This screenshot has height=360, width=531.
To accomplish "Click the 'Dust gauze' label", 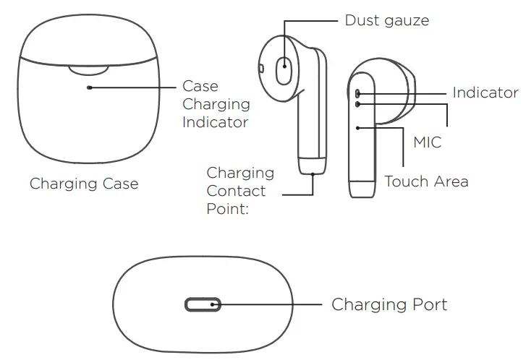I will [x=386, y=20].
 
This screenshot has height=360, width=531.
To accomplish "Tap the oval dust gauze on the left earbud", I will [x=284, y=71].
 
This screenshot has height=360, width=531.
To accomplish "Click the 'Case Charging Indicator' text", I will [x=216, y=104].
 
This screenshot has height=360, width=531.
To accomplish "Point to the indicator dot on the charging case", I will [x=89, y=87].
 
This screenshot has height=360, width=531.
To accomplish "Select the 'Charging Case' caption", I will [x=84, y=184].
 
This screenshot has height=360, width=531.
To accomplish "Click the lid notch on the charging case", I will [x=88, y=69].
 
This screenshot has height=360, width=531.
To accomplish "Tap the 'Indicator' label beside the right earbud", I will [x=485, y=93].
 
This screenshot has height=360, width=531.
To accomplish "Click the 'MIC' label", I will [x=427, y=142].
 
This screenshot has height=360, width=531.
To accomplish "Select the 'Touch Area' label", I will [x=426, y=181].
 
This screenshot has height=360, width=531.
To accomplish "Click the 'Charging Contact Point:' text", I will [x=239, y=191].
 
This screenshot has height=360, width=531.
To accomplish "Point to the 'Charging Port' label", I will [x=389, y=304].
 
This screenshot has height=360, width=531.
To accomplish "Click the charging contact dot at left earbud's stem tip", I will [x=313, y=173].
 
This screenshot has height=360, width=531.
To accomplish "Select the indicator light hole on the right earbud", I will [x=358, y=93].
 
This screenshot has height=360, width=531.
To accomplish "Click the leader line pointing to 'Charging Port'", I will [x=268, y=305].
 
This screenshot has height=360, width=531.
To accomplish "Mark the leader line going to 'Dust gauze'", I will [x=311, y=21].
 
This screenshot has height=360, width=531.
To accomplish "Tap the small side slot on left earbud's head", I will [x=260, y=68].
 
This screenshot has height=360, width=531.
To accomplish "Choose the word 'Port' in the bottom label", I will [x=426, y=304].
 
